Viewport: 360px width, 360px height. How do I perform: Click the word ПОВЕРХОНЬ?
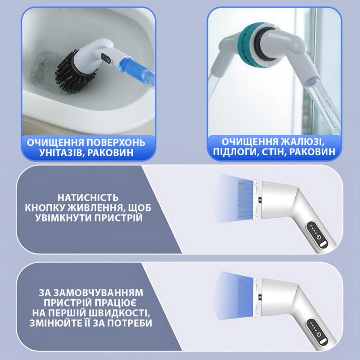pos(116,143)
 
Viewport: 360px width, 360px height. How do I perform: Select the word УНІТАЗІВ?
pos(59,153)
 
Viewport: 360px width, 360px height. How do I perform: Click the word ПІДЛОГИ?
pos(235,152)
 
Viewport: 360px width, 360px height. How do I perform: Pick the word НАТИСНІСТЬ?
pos(88,198)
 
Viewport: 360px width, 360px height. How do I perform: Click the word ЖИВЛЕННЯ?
pos(96,208)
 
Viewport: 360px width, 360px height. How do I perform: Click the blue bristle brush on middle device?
pos(245,198)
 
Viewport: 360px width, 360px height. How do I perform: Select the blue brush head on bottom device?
pos(245,296)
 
